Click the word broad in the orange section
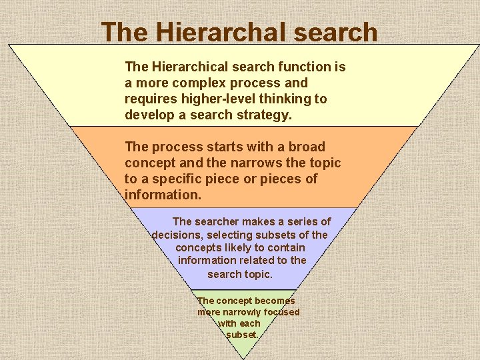pos(307,147)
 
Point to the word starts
pos(215,147)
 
